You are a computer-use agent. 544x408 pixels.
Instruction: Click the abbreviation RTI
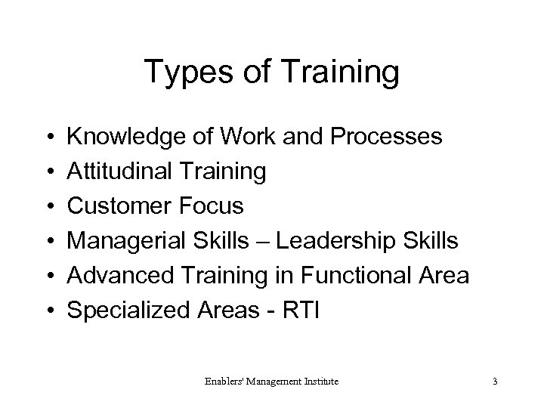point(300,310)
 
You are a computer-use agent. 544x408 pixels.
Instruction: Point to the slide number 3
point(494,382)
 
